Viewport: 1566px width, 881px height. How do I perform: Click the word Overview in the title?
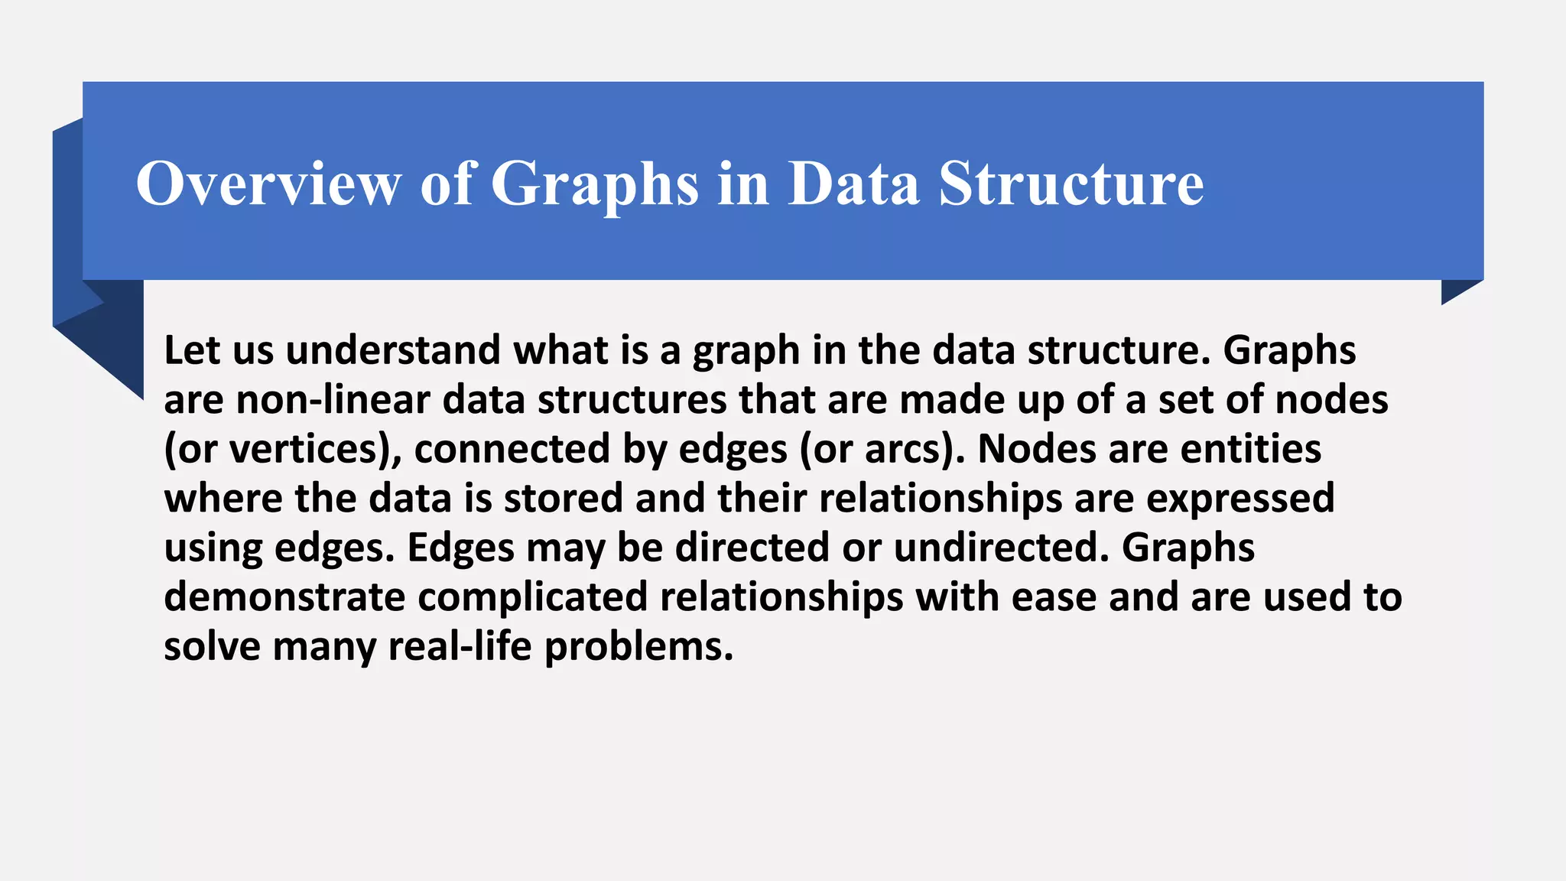click(268, 184)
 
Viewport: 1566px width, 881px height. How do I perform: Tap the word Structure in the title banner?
click(1071, 184)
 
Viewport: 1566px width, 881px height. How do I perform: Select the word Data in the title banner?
click(853, 184)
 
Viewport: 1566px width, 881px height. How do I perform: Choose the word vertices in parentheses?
click(304, 449)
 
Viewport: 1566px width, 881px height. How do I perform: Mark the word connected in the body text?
click(512, 449)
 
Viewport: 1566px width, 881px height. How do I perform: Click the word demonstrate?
click(284, 597)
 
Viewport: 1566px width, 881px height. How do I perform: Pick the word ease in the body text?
click(1054, 597)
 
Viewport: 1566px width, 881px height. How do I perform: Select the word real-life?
click(460, 647)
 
